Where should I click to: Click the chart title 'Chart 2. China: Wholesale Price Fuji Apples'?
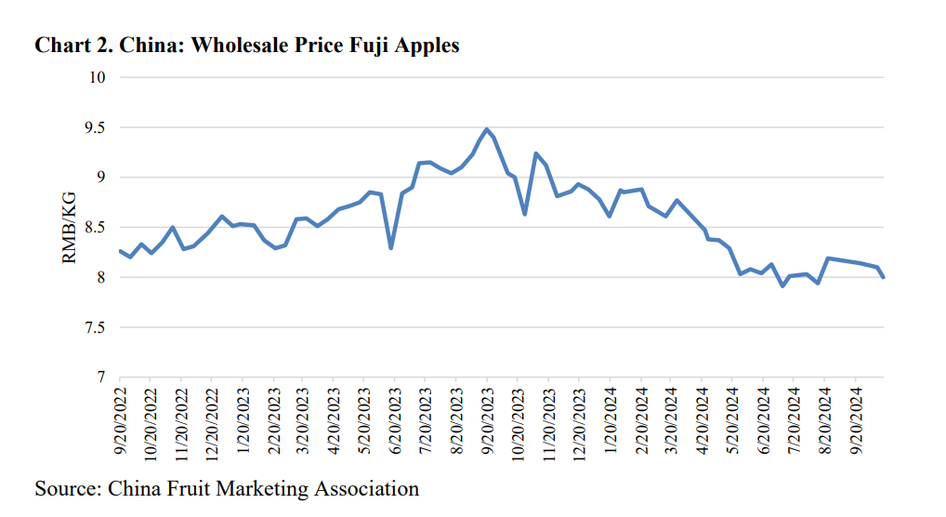pyautogui.click(x=247, y=46)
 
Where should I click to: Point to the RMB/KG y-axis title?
pyautogui.click(x=70, y=228)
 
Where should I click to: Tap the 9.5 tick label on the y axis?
pyautogui.click(x=93, y=127)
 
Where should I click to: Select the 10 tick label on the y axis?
pyautogui.click(x=98, y=77)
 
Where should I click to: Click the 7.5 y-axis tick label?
pyautogui.click(x=93, y=328)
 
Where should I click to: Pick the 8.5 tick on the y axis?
pyautogui.click(x=93, y=228)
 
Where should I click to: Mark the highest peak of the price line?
pyautogui.click(x=486, y=129)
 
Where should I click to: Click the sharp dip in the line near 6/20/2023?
pyautogui.click(x=390, y=247)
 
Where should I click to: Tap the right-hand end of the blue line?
pyautogui.click(x=883, y=277)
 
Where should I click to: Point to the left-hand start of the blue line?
pyautogui.click(x=120, y=250)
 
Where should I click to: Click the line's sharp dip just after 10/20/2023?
pyautogui.click(x=524, y=214)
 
